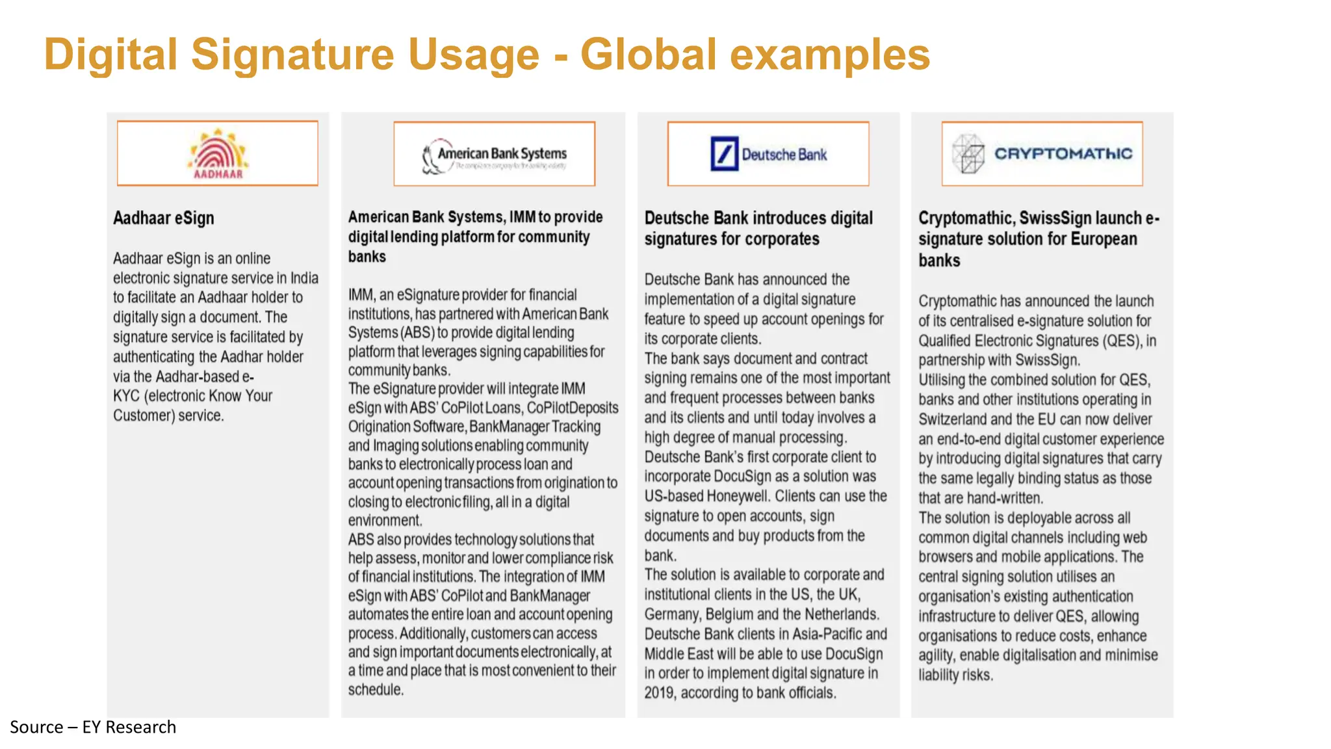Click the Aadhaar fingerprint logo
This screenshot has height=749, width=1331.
(x=218, y=153)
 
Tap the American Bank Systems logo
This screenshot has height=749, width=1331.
(x=495, y=155)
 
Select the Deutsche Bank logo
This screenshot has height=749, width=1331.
(x=768, y=154)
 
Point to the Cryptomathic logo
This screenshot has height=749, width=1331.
(x=1042, y=154)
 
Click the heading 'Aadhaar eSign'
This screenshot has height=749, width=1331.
(x=163, y=218)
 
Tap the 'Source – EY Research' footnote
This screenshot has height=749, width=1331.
(x=93, y=727)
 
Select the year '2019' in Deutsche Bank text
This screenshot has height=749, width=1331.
(x=659, y=693)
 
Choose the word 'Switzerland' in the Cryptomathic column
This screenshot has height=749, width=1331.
(x=952, y=419)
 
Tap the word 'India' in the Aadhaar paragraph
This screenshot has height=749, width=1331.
(x=304, y=278)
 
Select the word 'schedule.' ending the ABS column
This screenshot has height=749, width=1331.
(x=376, y=690)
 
